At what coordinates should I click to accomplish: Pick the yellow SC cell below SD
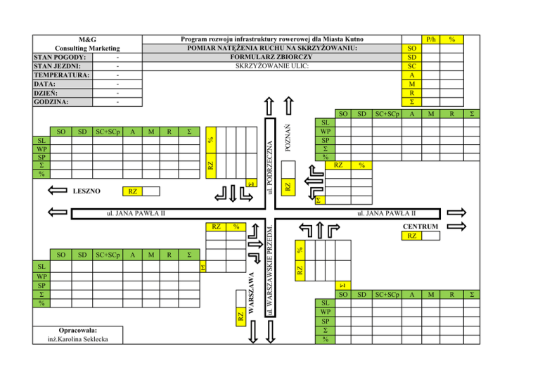point(411,66)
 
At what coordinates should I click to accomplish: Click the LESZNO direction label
point(86,191)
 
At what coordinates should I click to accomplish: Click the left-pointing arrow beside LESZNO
point(56,191)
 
